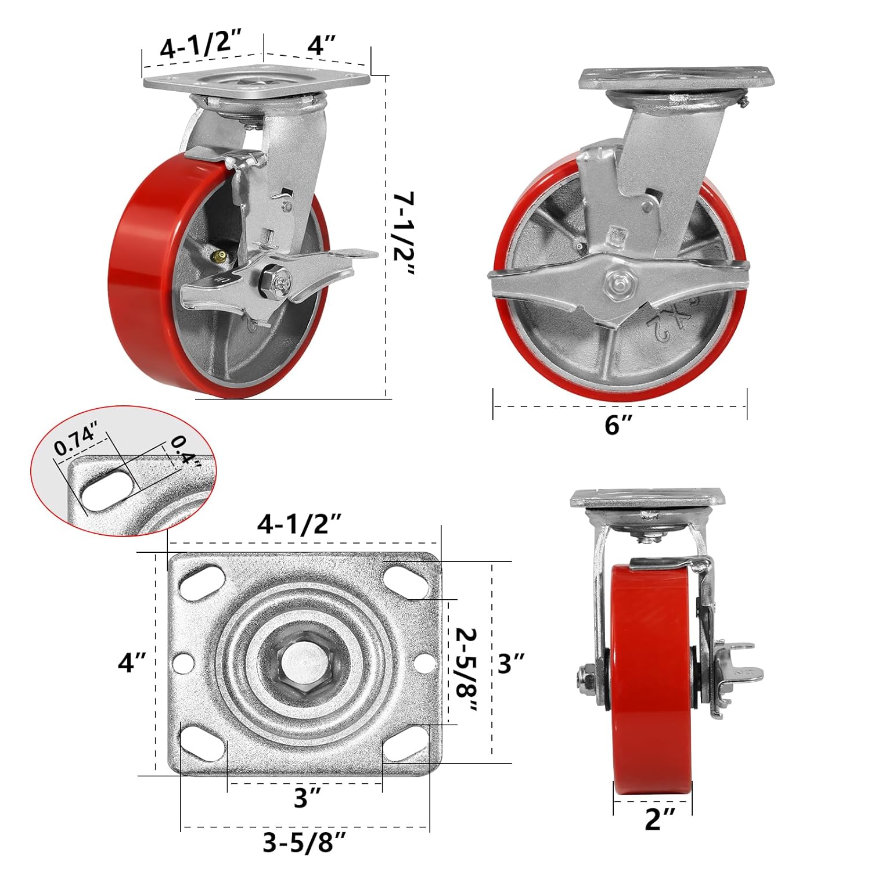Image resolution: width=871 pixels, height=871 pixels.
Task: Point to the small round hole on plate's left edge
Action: coord(185,663)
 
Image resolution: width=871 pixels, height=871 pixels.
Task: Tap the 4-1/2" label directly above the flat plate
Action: coord(300,526)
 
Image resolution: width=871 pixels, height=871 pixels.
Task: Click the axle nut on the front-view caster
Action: coord(584,678)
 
